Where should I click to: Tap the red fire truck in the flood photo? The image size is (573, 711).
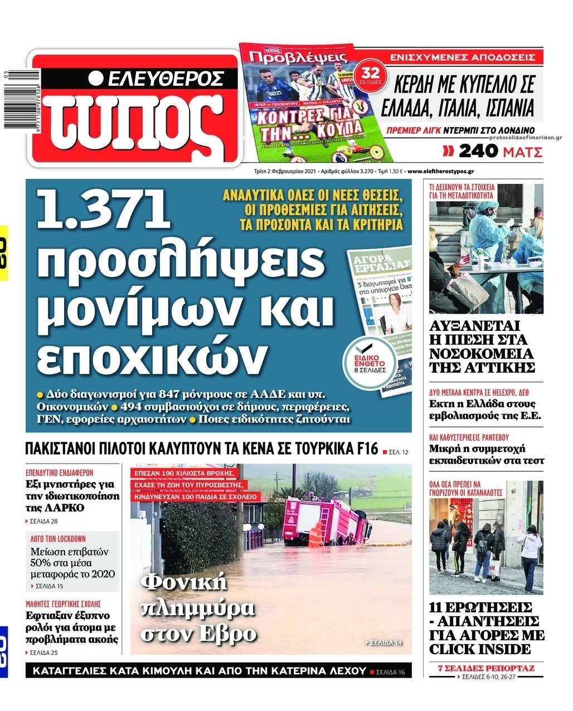(326, 522)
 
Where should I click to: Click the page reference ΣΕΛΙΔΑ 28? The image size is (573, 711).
(44, 522)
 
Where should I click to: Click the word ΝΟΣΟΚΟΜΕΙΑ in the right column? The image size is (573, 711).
(481, 353)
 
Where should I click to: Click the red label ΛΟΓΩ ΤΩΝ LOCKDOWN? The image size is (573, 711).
(59, 538)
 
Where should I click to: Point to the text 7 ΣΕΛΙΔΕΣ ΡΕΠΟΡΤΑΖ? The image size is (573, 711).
(487, 668)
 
